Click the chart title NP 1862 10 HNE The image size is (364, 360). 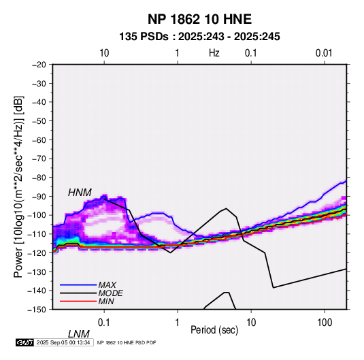pyautogui.click(x=199, y=19)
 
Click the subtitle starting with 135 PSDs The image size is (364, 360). pyautogui.click(x=199, y=37)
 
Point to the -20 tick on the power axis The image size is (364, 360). pyautogui.click(x=39, y=65)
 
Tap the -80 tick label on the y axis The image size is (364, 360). pyautogui.click(x=39, y=178)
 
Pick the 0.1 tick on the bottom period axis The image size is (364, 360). pyautogui.click(x=104, y=323)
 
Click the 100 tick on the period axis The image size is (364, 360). pyautogui.click(x=325, y=323)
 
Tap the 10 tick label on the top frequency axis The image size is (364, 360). pyautogui.click(x=104, y=53)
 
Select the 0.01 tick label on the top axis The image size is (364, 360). pyautogui.click(x=324, y=53)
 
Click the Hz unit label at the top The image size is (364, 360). pyautogui.click(x=214, y=53)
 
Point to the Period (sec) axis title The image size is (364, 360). pyautogui.click(x=214, y=330)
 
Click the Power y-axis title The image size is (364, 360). pyautogui.click(x=18, y=186)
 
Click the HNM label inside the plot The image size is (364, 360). pyautogui.click(x=80, y=193)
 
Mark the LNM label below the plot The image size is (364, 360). pyautogui.click(x=79, y=334)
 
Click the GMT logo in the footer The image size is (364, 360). pyautogui.click(x=25, y=342)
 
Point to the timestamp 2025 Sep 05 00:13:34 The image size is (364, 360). pyautogui.click(x=63, y=342)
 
